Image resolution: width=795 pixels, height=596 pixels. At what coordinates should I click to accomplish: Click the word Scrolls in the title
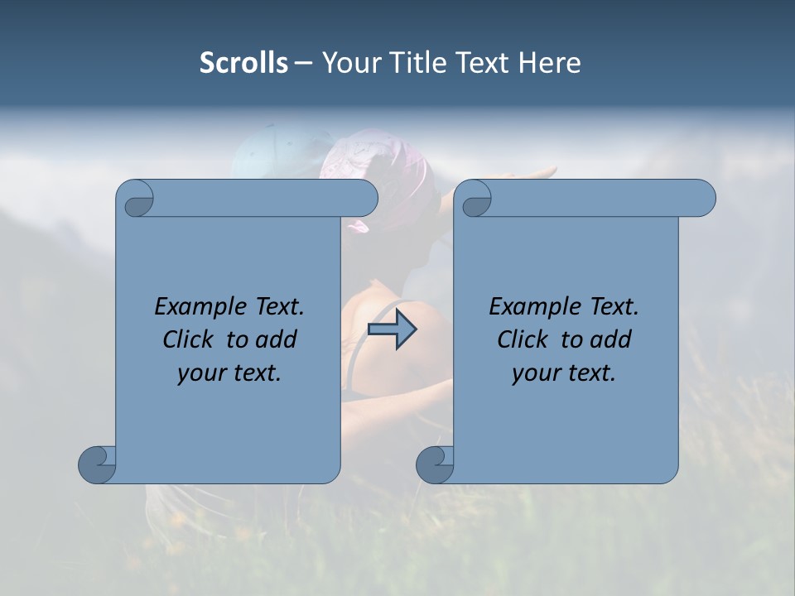coord(243,63)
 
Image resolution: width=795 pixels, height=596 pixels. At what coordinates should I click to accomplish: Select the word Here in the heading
coord(550,63)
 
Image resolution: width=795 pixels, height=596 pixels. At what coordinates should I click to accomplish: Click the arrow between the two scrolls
coord(392,329)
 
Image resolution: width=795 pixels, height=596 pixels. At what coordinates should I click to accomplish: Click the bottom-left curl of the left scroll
coord(98,464)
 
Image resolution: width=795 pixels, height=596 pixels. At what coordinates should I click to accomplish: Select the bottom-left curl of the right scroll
coord(435,464)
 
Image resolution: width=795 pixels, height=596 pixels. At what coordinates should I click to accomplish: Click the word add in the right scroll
coord(612,339)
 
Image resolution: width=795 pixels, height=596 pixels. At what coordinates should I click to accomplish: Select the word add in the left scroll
coord(277,339)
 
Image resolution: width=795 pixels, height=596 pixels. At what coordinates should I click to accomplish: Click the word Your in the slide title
coord(347,63)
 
